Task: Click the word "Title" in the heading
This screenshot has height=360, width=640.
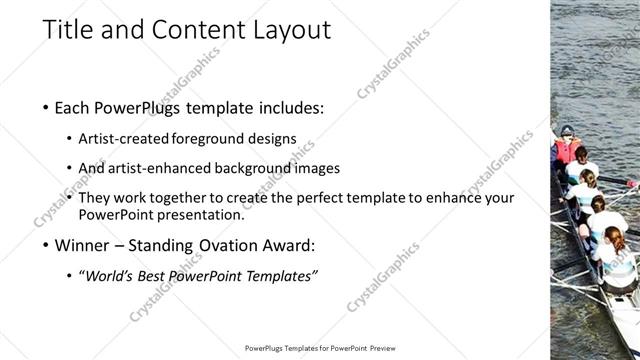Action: (x=66, y=31)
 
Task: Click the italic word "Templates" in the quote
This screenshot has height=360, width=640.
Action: (x=283, y=275)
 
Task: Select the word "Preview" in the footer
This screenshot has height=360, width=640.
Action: (x=379, y=349)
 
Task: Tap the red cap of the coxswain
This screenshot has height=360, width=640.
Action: (x=567, y=131)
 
